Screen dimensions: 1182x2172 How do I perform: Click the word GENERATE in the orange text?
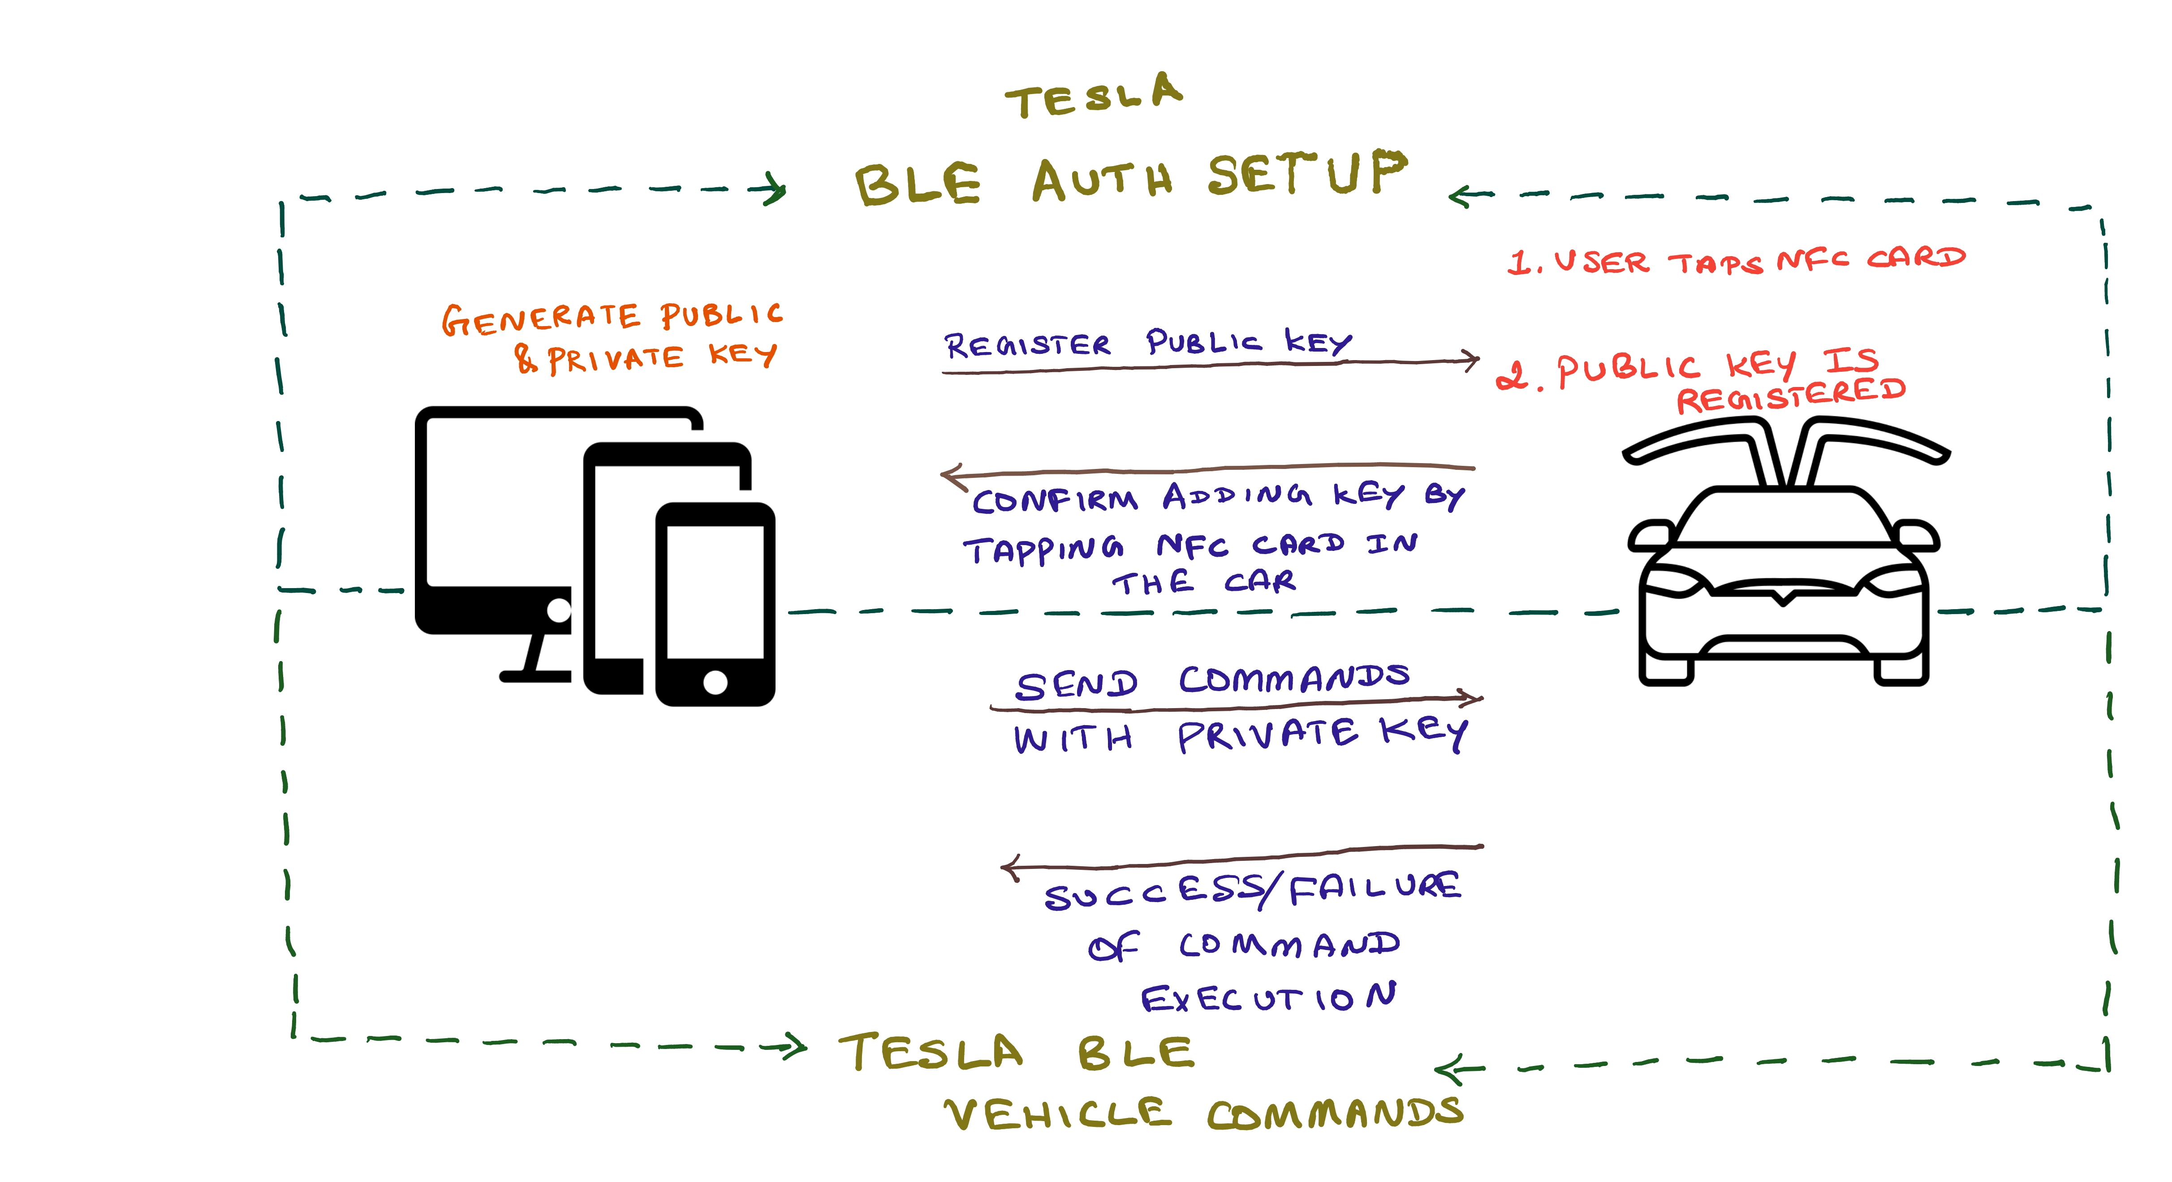(540, 319)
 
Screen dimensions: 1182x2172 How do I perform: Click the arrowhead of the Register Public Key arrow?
(1470, 360)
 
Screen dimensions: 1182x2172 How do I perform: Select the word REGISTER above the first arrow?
(1027, 345)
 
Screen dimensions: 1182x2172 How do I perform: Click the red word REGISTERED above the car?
(1790, 395)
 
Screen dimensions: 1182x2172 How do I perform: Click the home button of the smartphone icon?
(715, 681)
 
